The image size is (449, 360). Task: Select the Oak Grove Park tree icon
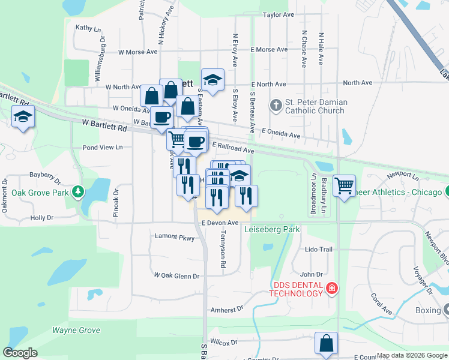click(77, 192)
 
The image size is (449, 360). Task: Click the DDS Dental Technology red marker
click(331, 289)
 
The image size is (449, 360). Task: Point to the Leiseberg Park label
click(272, 229)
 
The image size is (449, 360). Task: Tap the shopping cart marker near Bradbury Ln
click(344, 185)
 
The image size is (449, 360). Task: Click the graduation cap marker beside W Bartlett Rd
click(22, 116)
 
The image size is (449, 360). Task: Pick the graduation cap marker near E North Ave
click(212, 79)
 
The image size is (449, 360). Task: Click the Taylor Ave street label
click(279, 14)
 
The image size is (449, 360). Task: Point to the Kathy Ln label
click(87, 28)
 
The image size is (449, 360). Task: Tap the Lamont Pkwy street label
click(175, 238)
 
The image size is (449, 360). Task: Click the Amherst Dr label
click(226, 309)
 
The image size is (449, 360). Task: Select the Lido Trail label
click(318, 249)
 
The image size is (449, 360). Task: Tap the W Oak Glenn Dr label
click(176, 275)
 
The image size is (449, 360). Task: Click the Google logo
click(20, 352)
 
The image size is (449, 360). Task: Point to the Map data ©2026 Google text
click(411, 355)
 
